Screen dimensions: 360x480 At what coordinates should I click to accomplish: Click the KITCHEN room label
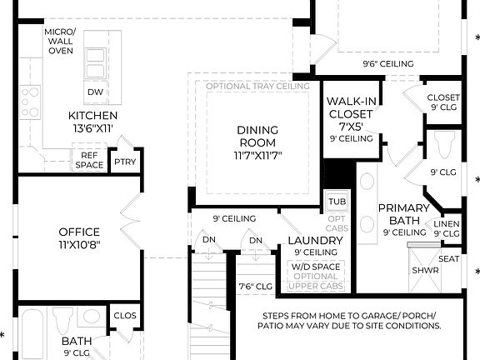(x=92, y=115)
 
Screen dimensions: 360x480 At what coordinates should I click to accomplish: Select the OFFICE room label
(x=79, y=232)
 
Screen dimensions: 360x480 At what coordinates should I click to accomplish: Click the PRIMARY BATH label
(x=403, y=214)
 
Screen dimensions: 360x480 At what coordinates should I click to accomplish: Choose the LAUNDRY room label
(x=315, y=241)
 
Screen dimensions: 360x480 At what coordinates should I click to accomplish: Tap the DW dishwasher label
(x=94, y=92)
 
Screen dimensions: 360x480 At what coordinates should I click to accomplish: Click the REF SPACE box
(x=89, y=159)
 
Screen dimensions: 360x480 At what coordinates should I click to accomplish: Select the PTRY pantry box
(x=125, y=162)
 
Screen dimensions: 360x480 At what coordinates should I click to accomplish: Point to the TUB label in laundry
(x=337, y=202)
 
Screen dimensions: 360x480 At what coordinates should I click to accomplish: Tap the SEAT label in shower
(x=449, y=258)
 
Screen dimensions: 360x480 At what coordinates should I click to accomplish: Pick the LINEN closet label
(x=447, y=223)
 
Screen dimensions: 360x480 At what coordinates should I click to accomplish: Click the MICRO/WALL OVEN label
(x=60, y=41)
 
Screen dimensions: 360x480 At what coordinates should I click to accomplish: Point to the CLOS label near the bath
(x=125, y=316)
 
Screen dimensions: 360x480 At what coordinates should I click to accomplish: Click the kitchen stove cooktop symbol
(x=30, y=102)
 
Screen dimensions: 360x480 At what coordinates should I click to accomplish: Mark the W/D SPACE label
(x=316, y=267)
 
